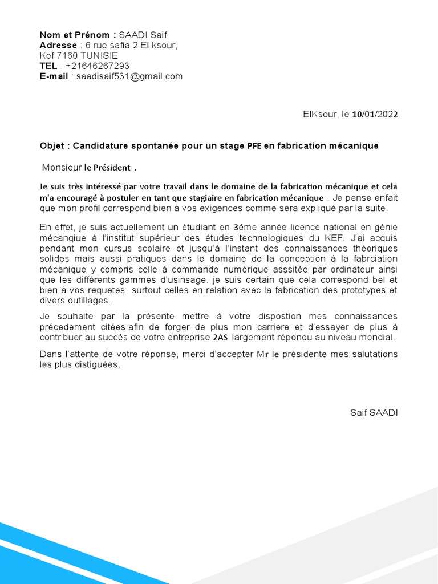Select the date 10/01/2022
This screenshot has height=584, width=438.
(x=375, y=114)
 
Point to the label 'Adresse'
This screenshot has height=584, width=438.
(x=58, y=45)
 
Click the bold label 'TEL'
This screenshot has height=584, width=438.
(x=48, y=66)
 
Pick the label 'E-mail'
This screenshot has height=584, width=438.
(x=54, y=76)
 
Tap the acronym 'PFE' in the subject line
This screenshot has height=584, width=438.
(x=254, y=146)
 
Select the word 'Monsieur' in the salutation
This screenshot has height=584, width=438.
(x=62, y=168)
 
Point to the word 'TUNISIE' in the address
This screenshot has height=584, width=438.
(x=99, y=55)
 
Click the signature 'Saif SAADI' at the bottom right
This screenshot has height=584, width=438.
(x=374, y=412)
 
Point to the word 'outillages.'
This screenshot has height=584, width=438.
(x=87, y=301)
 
